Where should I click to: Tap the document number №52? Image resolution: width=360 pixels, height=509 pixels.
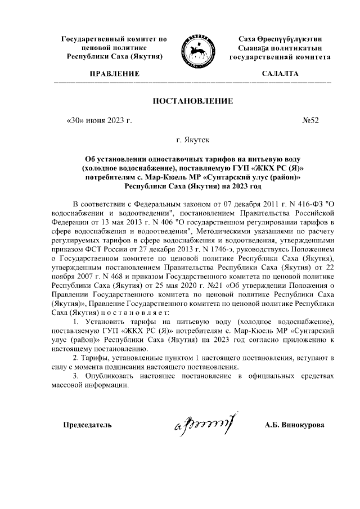310,120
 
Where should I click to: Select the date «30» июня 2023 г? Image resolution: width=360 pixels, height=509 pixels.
98,120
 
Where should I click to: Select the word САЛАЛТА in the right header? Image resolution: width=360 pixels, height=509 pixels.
280,74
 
